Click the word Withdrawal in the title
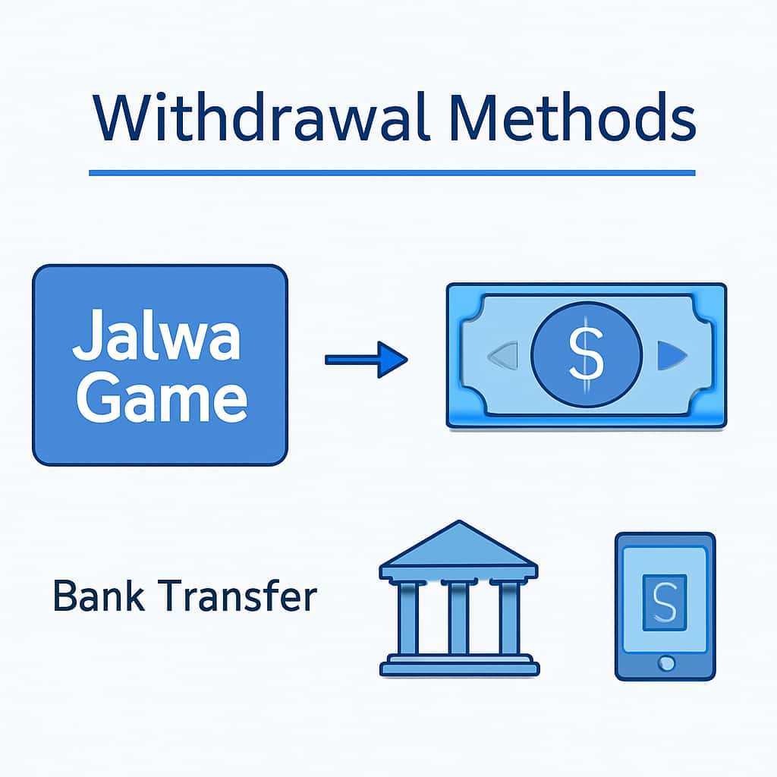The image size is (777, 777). click(x=259, y=119)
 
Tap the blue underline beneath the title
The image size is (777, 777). click(x=392, y=173)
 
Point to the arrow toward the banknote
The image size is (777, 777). click(x=366, y=359)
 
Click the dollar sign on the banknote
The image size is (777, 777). click(x=586, y=355)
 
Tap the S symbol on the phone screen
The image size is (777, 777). click(x=664, y=602)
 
